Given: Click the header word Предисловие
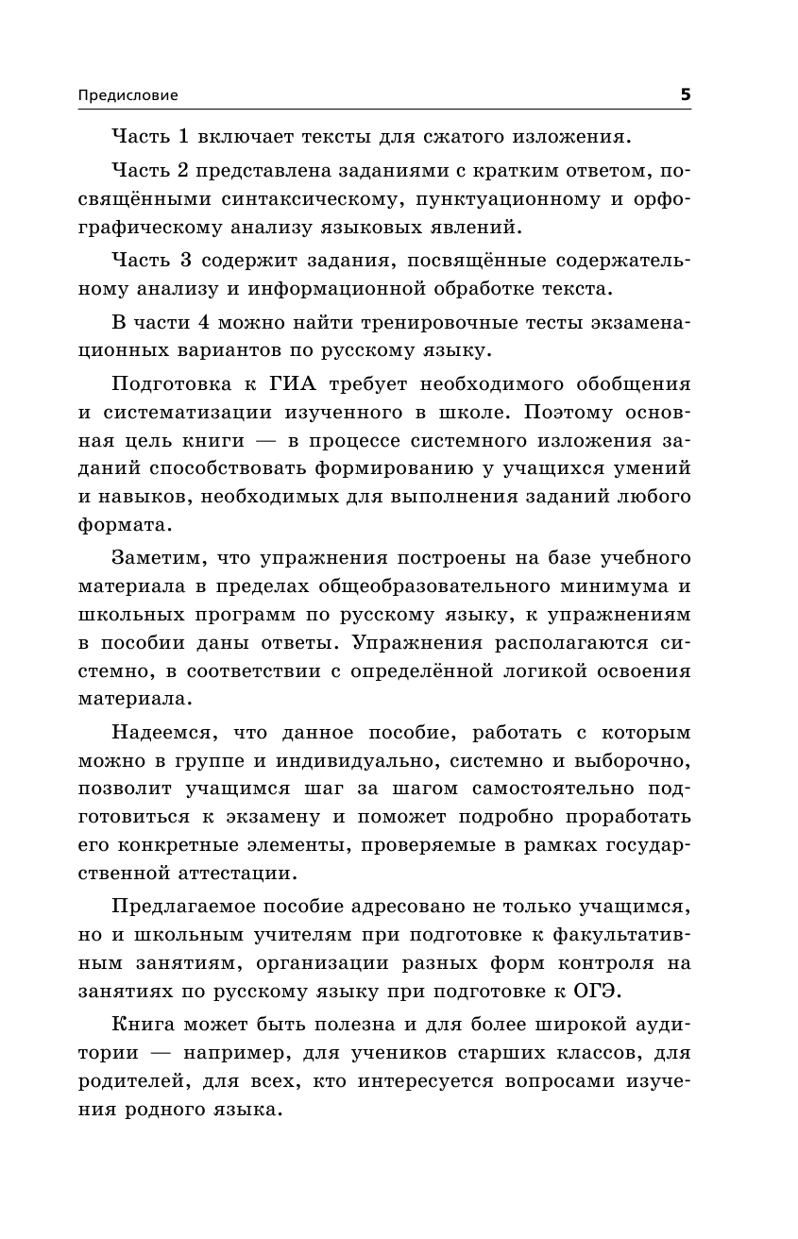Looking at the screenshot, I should (127, 94).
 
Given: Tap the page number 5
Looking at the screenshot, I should (686, 93).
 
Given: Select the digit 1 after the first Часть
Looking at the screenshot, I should (185, 137).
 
